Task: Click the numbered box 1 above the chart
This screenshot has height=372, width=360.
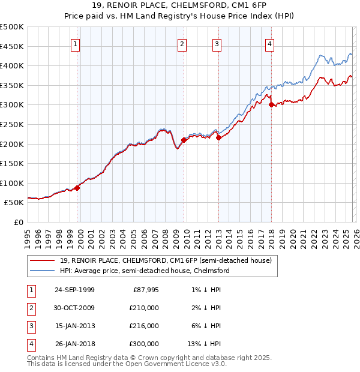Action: pyautogui.click(x=76, y=43)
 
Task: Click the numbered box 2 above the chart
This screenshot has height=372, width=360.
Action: pyautogui.click(x=182, y=43)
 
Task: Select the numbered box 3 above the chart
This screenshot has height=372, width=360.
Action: pyautogui.click(x=217, y=43)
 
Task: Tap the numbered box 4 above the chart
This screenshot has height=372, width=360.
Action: pyautogui.click(x=270, y=43)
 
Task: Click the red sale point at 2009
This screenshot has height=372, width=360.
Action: pyautogui.click(x=184, y=140)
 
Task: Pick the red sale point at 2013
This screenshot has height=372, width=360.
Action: pyautogui.click(x=218, y=137)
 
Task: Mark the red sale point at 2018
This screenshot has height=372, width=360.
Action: pyautogui.click(x=272, y=104)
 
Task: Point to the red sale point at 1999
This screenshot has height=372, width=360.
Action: pyautogui.click(x=77, y=188)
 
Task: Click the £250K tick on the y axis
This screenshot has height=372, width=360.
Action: pyautogui.click(x=12, y=124)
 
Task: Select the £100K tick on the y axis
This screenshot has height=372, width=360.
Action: pyautogui.click(x=12, y=183)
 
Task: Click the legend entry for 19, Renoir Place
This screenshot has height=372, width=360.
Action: pyautogui.click(x=166, y=260)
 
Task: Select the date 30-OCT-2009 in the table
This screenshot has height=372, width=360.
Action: pyautogui.click(x=74, y=308)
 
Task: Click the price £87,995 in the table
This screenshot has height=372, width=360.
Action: pyautogui.click(x=145, y=290)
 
